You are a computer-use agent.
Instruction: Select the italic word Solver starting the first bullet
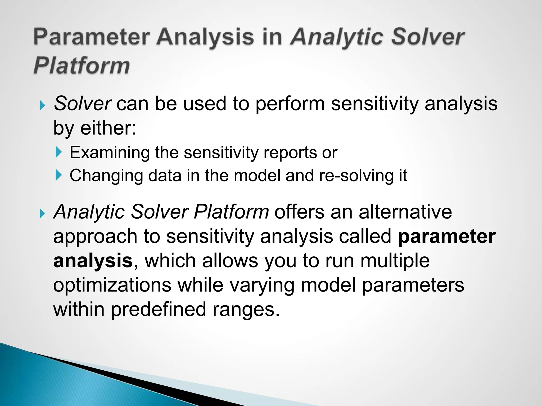coord(82,103)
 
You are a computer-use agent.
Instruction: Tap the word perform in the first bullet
coord(290,103)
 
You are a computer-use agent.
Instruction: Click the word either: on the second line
coord(108,128)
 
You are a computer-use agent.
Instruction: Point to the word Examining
coord(109,153)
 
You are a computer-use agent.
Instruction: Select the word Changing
coord(106,176)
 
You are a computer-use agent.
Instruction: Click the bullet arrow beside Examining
coord(58,153)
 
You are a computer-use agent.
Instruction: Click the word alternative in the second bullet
coord(405,212)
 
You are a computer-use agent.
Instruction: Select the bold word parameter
coord(446,236)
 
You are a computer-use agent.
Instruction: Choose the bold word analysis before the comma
coord(93,261)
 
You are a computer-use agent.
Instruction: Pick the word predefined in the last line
coord(158,309)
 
